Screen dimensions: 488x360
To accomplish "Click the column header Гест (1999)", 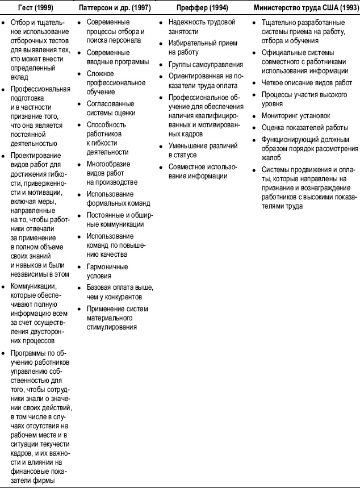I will [37, 9].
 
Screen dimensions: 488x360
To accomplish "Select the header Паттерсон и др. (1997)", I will [119, 9].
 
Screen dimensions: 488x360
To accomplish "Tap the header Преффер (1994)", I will [202, 9].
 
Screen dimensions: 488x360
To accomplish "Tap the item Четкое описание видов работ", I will [307, 83].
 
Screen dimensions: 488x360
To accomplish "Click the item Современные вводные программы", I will [117, 57].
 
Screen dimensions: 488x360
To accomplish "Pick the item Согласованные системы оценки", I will [110, 108].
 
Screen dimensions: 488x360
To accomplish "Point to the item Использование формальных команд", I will [118, 198].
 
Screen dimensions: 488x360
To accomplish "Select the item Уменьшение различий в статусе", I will [203, 151].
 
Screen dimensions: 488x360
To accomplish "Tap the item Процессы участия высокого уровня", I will [304, 99].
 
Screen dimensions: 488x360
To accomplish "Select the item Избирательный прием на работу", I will [202, 49].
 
